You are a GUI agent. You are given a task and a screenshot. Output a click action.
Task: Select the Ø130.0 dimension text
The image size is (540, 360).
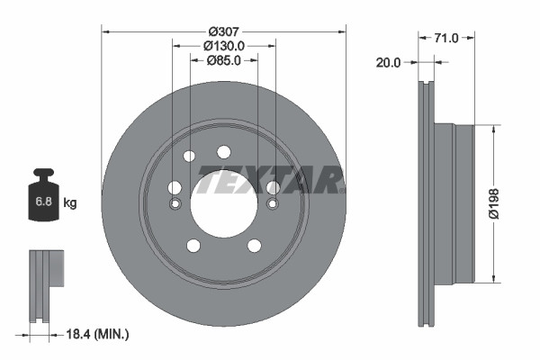[224, 45]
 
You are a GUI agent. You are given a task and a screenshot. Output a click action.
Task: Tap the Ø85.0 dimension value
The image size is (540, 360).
[224, 61]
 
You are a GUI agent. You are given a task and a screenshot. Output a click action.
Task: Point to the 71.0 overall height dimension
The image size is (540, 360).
[447, 38]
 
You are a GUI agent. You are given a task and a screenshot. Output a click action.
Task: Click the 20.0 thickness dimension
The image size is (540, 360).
[390, 63]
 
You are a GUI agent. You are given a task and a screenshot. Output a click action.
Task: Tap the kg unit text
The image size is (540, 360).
[70, 202]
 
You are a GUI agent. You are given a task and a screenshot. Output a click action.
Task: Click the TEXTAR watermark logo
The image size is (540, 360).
[270, 180]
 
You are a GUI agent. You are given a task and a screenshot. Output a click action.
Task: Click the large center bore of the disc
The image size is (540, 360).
[223, 199]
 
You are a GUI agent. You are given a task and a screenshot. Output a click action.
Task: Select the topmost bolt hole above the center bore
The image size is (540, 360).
[223, 151]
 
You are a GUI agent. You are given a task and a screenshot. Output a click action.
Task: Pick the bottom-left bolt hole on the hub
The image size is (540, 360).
[193, 246]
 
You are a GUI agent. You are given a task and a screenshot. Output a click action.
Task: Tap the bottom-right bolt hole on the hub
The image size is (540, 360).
[254, 246]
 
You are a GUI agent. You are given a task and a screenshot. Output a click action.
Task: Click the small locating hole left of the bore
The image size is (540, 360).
[175, 203]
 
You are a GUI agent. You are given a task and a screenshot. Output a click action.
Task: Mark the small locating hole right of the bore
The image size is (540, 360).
[272, 203]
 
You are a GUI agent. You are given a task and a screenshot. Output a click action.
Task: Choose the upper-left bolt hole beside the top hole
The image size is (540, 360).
[189, 157]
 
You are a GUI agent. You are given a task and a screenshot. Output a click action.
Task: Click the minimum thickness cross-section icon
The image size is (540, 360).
[45, 285]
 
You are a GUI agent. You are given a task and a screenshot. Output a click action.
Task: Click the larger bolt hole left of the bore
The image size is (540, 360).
[175, 187]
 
